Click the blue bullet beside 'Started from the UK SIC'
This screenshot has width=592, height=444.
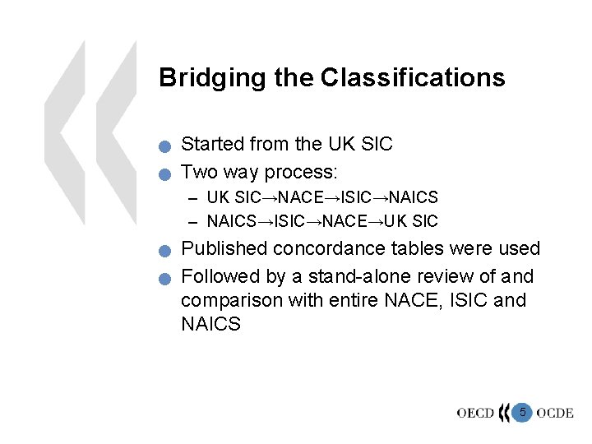click(165, 148)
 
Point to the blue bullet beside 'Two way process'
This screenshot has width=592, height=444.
click(165, 175)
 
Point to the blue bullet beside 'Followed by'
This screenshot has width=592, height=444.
click(165, 279)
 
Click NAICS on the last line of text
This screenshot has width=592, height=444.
click(210, 325)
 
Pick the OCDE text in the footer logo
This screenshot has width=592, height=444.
click(555, 413)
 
